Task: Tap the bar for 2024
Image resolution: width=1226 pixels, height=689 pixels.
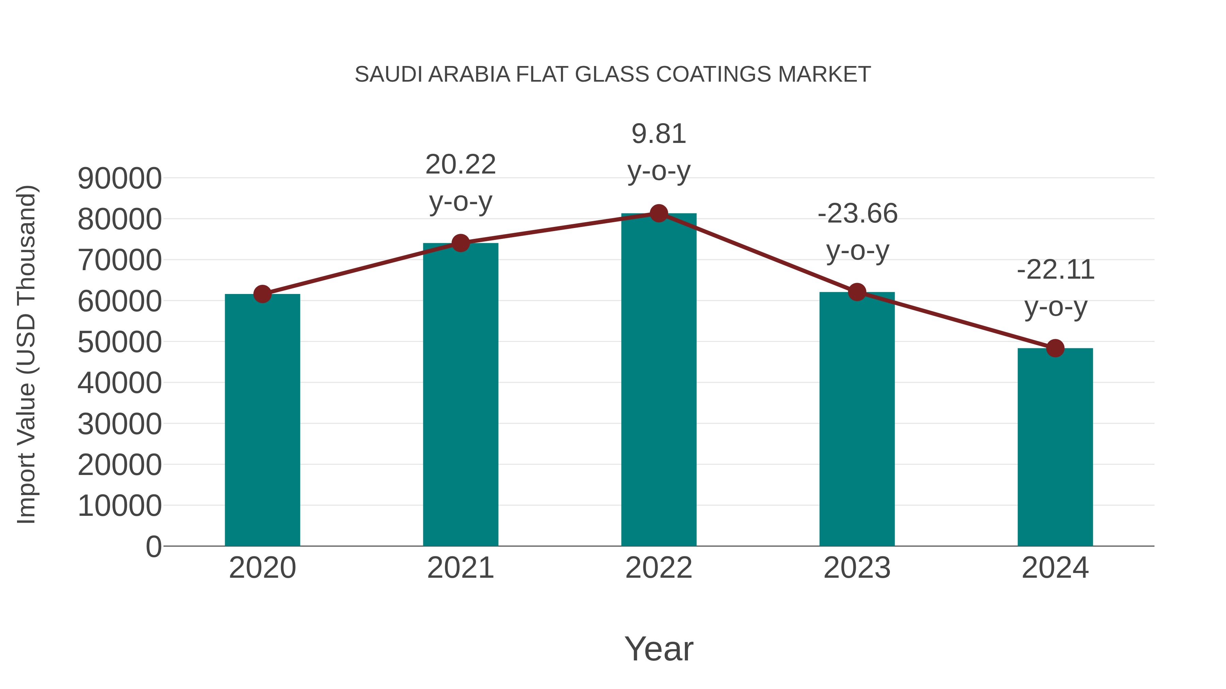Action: tap(1055, 447)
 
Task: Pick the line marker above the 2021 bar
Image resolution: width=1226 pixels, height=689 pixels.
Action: tap(460, 243)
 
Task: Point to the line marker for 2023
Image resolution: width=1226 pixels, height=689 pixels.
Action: tap(857, 292)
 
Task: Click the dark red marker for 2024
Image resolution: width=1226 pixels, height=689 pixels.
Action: tap(1055, 348)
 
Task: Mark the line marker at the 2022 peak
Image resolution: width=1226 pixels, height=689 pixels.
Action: tap(659, 213)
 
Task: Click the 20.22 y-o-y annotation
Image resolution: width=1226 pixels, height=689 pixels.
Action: tap(460, 183)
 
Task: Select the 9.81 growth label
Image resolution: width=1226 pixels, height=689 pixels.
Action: tap(659, 152)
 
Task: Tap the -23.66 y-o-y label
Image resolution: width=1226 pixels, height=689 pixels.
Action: tap(857, 232)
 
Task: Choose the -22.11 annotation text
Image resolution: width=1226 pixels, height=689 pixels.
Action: tap(1055, 288)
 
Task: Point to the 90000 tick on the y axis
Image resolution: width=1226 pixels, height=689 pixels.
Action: tap(120, 179)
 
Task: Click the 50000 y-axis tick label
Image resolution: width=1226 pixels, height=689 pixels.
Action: tap(120, 342)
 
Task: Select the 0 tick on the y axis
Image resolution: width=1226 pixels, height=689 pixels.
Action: tap(153, 546)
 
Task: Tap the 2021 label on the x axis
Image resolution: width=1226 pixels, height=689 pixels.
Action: tap(460, 568)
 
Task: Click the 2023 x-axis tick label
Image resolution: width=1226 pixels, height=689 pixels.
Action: tap(857, 568)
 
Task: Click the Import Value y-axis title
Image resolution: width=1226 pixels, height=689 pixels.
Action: tap(26, 354)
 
